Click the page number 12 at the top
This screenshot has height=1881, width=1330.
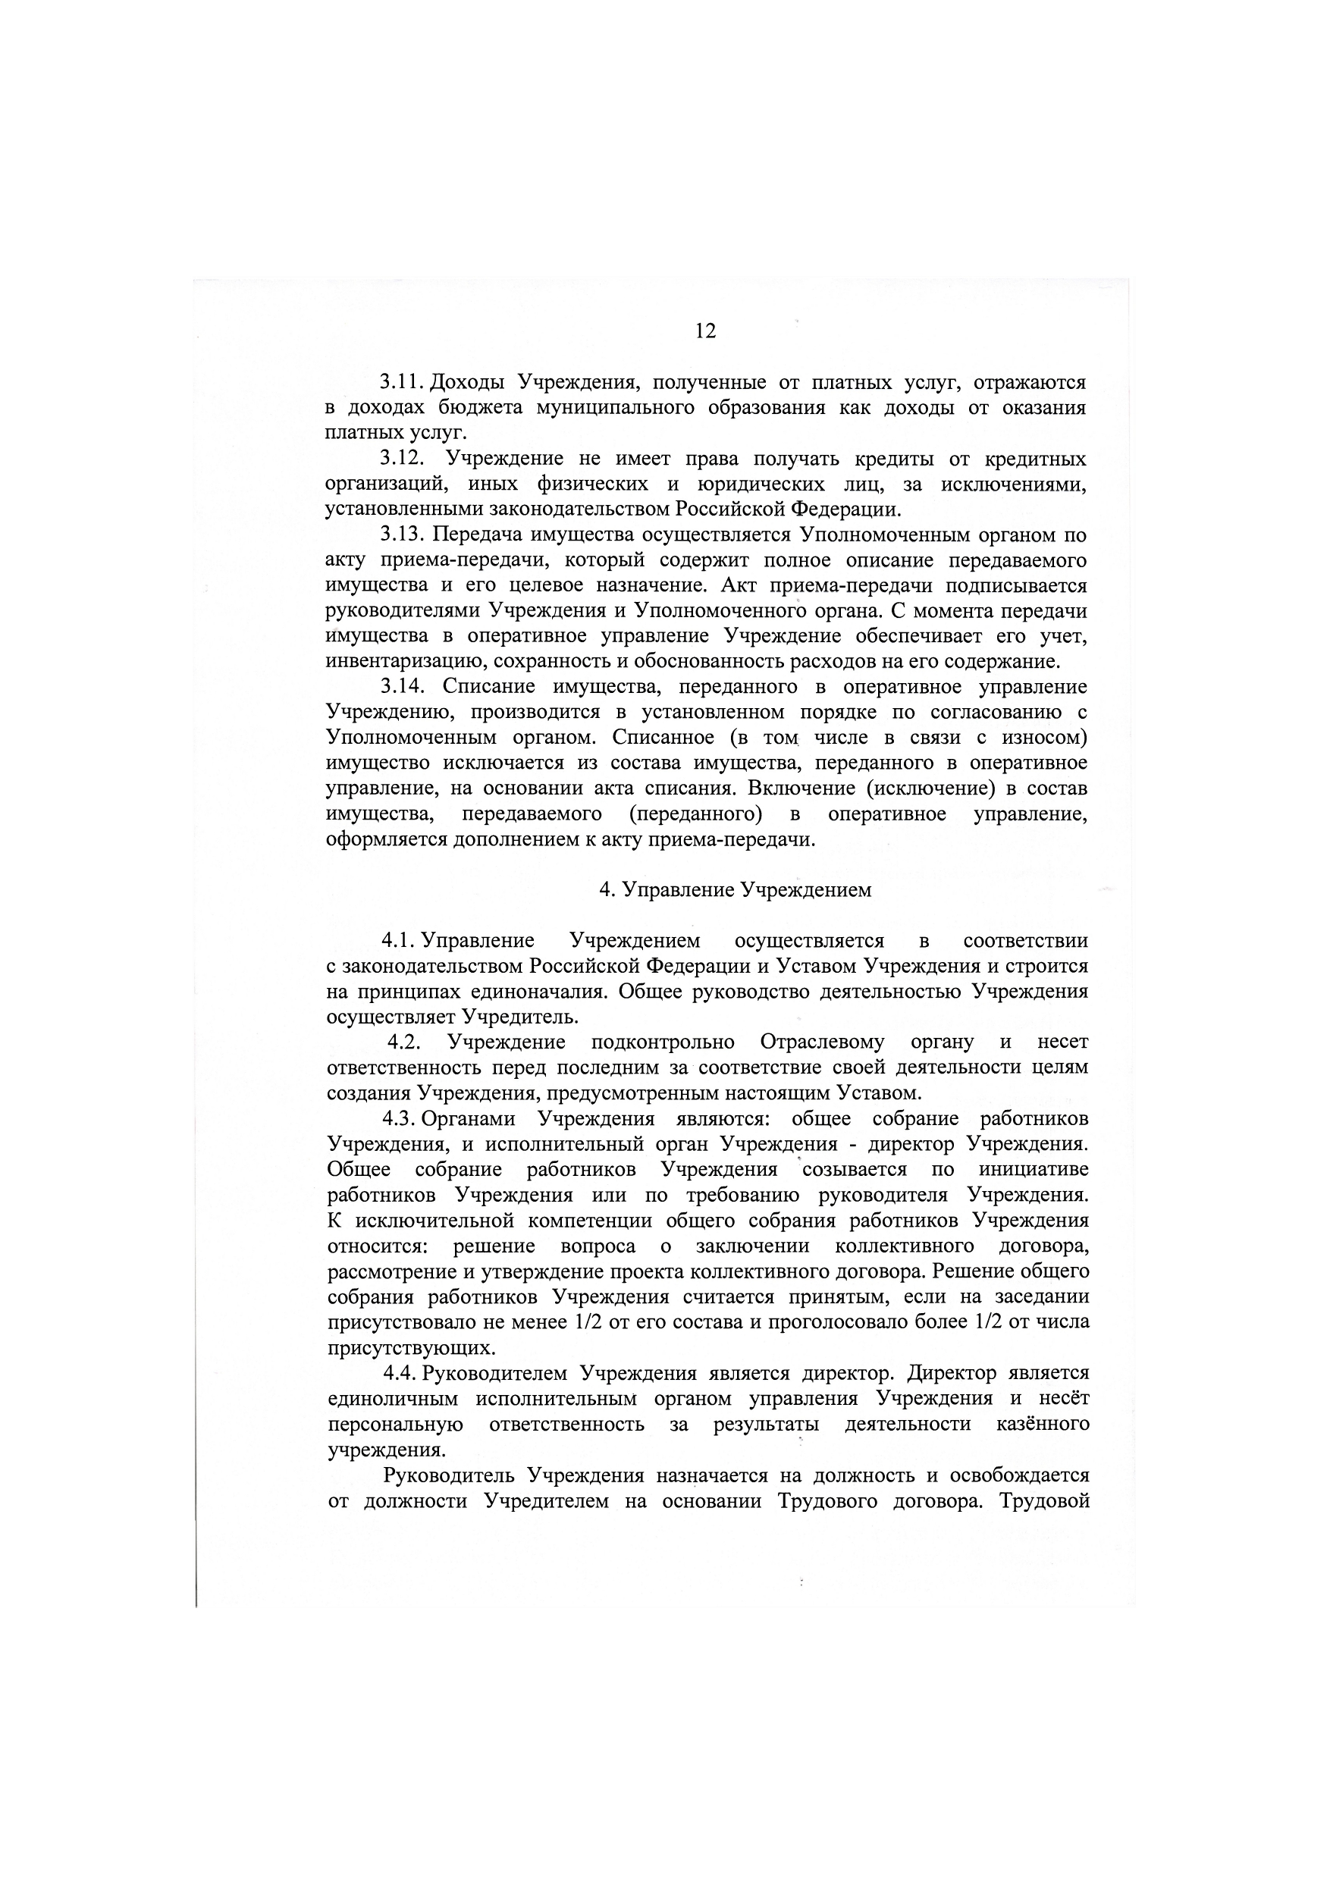[x=704, y=331]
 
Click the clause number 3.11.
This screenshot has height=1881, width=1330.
[x=400, y=383]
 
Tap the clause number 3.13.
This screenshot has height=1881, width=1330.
[x=402, y=535]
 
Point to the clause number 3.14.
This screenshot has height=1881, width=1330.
[x=402, y=687]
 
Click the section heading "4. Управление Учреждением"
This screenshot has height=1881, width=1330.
[x=734, y=890]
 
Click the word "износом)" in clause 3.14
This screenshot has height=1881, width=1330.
[x=1046, y=738]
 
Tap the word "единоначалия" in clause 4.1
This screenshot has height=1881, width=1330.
[x=538, y=992]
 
